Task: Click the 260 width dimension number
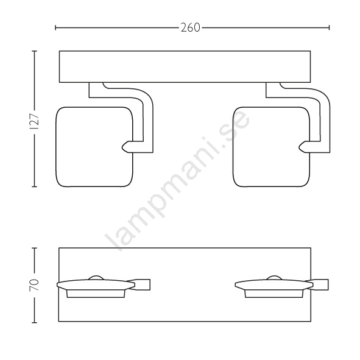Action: tap(190, 28)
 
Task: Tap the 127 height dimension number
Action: tap(35, 122)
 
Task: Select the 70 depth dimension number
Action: tap(35, 285)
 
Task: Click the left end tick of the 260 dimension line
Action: tap(55, 28)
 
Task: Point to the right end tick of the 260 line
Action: tap(329, 28)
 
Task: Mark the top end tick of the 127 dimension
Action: tap(35, 51)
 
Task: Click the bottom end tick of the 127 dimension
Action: tap(35, 186)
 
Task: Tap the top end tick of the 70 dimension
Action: tap(35, 248)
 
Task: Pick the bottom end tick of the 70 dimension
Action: tap(35, 323)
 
